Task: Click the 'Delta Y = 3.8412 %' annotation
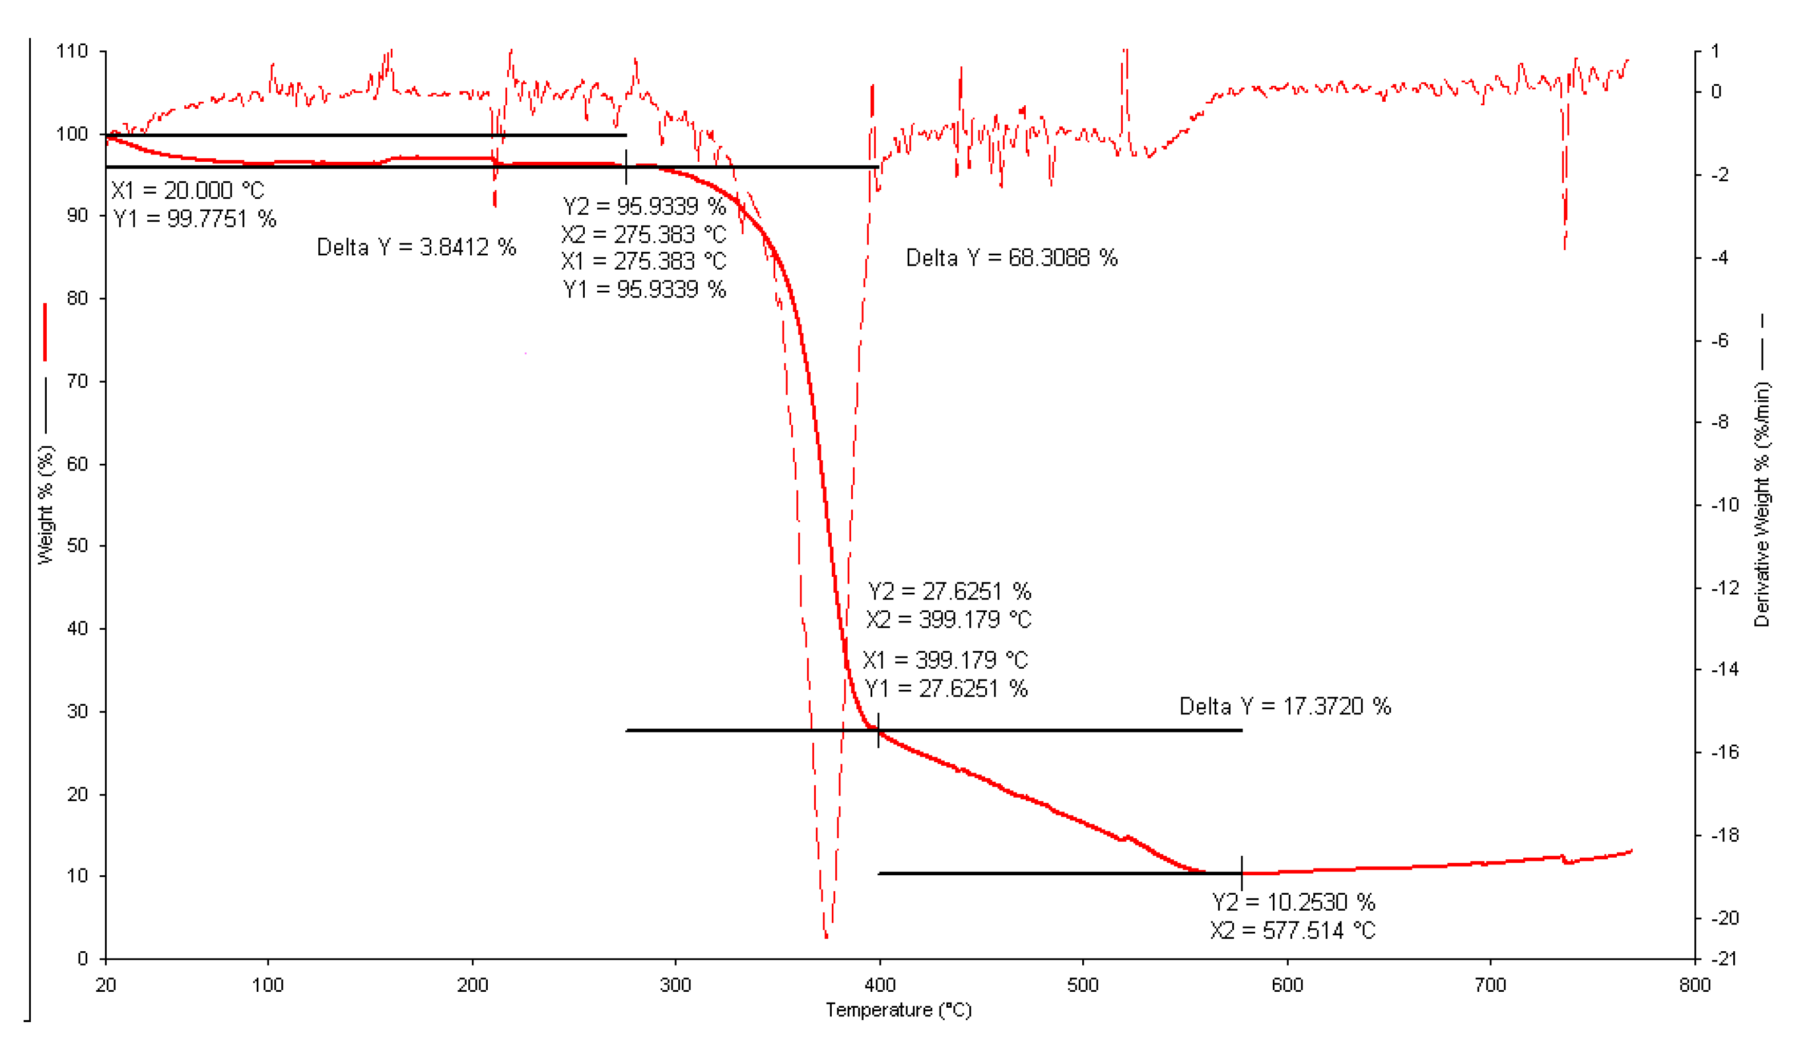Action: [x=416, y=247]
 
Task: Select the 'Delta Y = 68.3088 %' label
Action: [x=1011, y=258]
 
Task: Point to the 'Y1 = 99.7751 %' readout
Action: [x=194, y=218]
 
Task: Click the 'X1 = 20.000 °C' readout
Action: [x=188, y=191]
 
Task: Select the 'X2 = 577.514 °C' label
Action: [x=1292, y=930]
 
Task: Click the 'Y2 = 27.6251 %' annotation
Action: [x=949, y=591]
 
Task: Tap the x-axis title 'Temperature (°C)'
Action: [x=898, y=1010]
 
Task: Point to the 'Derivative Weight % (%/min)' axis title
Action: [x=1762, y=504]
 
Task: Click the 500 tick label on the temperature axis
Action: [x=1082, y=985]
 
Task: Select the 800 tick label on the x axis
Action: [x=1695, y=985]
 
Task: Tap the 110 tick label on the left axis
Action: [x=72, y=51]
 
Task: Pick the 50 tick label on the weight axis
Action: [x=77, y=546]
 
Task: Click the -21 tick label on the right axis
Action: [x=1725, y=958]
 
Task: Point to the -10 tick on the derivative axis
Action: [x=1725, y=505]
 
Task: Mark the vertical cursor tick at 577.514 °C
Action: [x=1241, y=873]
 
